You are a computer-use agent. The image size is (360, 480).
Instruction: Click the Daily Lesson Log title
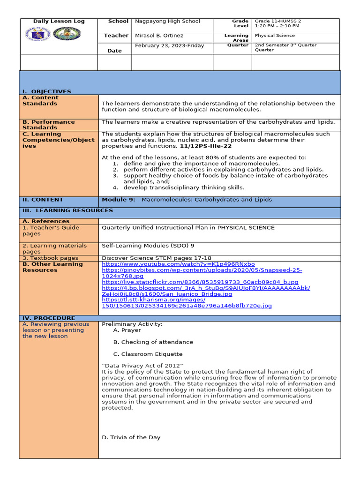tap(59, 21)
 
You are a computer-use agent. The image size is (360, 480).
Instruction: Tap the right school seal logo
tap(67, 34)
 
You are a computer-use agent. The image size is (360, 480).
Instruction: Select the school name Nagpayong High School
tap(167, 21)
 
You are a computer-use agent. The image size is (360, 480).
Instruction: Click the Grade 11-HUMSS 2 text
tap(277, 21)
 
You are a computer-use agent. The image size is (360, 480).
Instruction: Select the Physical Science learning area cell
tap(275, 36)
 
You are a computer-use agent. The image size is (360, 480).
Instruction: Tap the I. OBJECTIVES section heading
tap(47, 91)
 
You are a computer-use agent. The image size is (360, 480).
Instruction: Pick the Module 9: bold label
tap(119, 200)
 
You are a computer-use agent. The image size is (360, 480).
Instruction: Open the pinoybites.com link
tap(202, 270)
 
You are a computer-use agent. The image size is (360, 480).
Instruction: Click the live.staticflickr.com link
tap(200, 282)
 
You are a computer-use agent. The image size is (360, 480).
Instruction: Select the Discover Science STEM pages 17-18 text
tap(157, 258)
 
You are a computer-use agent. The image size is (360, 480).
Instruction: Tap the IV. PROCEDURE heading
tap(49, 318)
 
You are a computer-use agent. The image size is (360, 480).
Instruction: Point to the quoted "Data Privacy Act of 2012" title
tap(142, 366)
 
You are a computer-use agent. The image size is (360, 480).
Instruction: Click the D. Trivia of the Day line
tap(131, 437)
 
